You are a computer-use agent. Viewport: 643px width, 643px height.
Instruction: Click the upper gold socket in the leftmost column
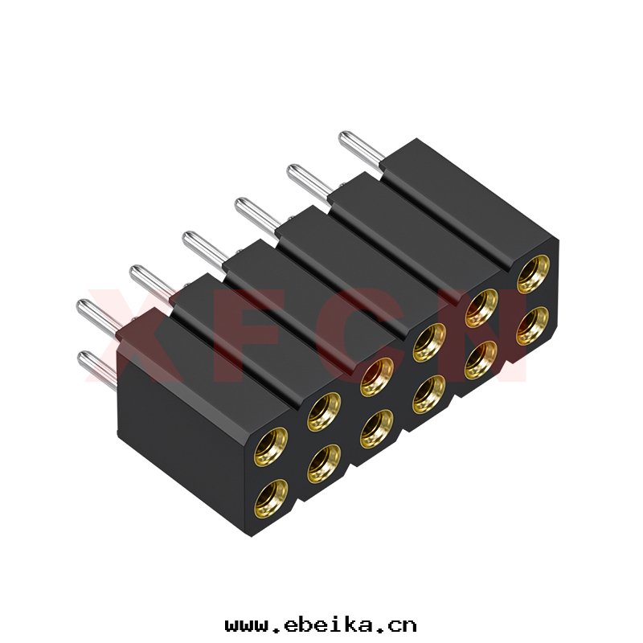271,447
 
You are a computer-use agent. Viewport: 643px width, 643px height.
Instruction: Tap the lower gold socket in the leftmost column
271,499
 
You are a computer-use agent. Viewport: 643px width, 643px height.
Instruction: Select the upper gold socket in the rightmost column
533,274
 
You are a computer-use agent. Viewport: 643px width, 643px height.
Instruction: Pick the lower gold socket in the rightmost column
533,326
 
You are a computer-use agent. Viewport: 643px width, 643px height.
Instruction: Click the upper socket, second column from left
324,412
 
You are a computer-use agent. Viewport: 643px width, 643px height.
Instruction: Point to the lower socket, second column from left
324,465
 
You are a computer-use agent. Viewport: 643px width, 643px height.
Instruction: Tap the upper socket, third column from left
376,377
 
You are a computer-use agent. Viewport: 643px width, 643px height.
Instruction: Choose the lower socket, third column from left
376,429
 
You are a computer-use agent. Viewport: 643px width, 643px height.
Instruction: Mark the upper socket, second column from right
481,309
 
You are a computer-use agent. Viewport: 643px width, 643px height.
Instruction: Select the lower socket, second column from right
481,360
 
